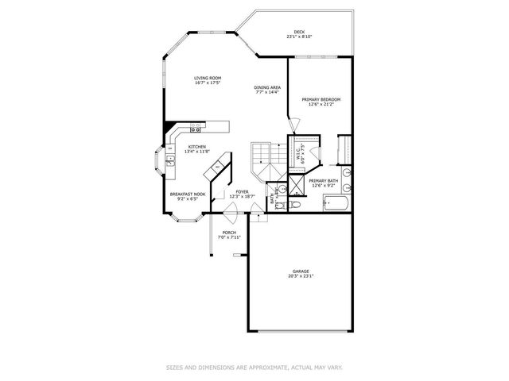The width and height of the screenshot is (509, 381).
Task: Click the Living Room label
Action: coord(206,78)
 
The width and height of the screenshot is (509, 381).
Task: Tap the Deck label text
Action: coord(299,32)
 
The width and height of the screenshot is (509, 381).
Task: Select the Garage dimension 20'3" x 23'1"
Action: coord(302,277)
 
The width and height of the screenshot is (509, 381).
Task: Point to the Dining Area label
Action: coord(267,87)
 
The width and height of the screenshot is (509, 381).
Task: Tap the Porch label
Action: coord(229,233)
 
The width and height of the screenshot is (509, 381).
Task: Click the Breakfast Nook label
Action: coord(188,194)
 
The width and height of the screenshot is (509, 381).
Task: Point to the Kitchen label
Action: coord(197,147)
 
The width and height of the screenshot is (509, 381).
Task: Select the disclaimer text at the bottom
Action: coord(254,367)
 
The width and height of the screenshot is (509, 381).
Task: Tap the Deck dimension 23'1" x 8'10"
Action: coord(299,37)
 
